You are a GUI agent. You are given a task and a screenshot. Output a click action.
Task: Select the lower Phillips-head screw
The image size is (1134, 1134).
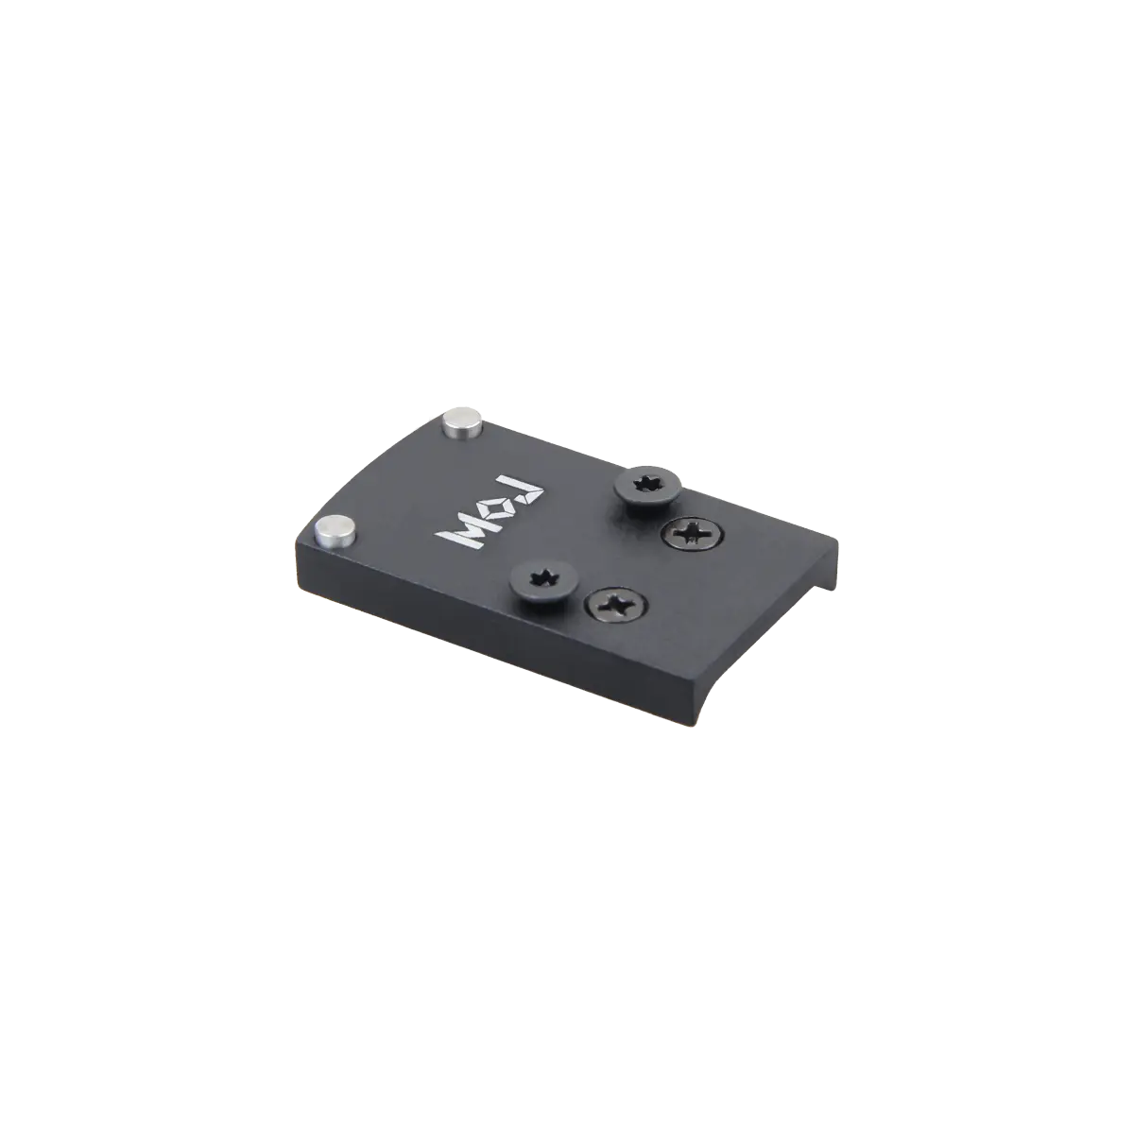[x=614, y=604]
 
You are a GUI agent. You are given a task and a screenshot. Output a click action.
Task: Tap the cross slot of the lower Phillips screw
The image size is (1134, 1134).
[x=614, y=604]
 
